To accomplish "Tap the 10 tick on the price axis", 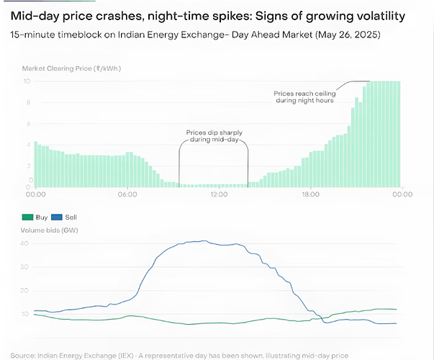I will click(27, 81).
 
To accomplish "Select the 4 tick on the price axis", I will click(28, 145).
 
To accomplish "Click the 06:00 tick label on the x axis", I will click(127, 194).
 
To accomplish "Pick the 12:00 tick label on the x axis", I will click(218, 194).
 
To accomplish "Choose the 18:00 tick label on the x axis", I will click(309, 194).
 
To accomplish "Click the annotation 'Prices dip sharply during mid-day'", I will click(214, 136).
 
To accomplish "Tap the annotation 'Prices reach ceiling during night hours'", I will click(304, 96).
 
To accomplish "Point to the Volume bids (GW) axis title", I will click(51, 230).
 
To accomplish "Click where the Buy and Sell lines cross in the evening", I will click(322, 315).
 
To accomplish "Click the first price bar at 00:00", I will click(35, 165).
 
